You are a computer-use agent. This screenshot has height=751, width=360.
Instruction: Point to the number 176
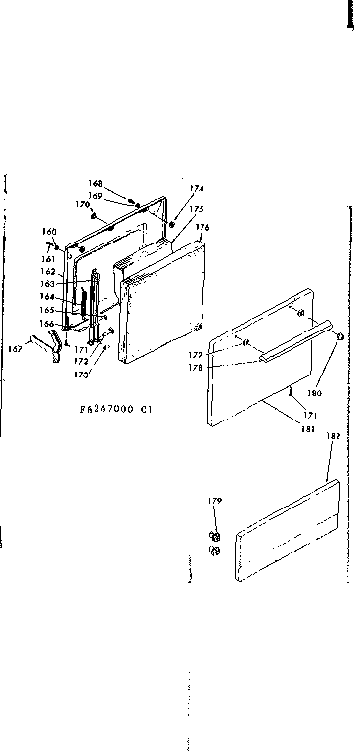point(202,227)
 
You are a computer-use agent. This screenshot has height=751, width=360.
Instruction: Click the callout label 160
point(48,232)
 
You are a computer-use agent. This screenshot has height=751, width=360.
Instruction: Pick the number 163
point(48,284)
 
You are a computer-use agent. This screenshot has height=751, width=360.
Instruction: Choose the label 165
point(46,309)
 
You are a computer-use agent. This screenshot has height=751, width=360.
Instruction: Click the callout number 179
point(215,501)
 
